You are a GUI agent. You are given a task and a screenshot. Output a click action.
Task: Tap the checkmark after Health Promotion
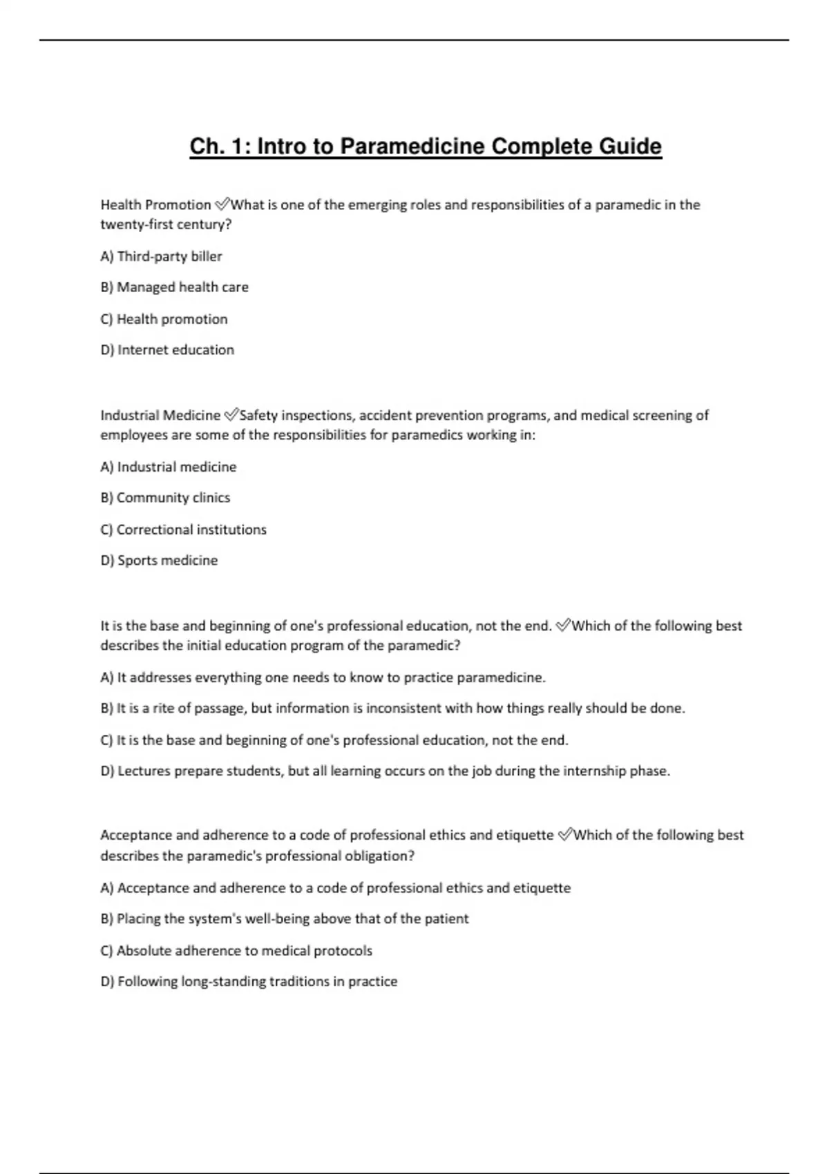click(222, 204)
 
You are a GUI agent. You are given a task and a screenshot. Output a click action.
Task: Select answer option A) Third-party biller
click(161, 256)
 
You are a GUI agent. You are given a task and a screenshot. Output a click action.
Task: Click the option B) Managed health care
click(174, 287)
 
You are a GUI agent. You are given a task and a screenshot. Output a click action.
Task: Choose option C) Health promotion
click(164, 319)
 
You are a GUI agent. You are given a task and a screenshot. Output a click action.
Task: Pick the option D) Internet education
click(167, 350)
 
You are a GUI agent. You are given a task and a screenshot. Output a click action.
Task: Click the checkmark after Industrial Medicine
click(231, 415)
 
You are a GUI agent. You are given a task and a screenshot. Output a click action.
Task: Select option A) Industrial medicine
click(168, 467)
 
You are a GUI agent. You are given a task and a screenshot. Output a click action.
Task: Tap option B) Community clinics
click(165, 498)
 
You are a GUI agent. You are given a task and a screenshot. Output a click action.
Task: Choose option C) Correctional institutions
click(183, 530)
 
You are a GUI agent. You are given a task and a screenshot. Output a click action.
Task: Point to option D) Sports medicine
click(159, 561)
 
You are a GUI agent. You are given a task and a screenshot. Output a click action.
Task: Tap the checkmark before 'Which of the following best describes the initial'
click(563, 626)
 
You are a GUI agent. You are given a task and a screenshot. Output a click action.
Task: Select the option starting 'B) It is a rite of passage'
click(392, 709)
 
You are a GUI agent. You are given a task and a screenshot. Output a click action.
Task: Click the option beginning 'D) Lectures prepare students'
click(385, 771)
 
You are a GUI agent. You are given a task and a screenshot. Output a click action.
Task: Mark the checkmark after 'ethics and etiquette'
click(565, 835)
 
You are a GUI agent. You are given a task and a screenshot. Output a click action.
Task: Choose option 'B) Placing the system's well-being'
click(284, 919)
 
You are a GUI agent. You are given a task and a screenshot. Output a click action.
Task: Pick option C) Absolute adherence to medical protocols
click(236, 951)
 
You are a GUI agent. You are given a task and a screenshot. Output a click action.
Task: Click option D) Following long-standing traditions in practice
click(249, 982)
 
